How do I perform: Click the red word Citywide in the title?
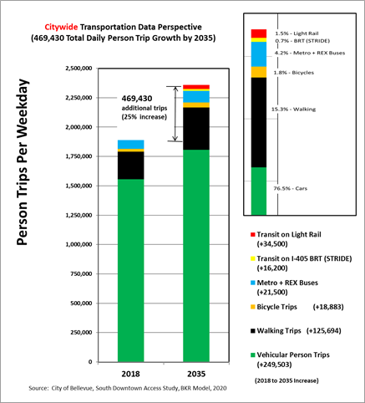(61, 27)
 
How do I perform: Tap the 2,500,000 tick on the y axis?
(79, 69)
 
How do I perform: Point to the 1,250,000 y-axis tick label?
(79, 215)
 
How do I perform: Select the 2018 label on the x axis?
(130, 374)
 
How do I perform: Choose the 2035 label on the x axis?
(196, 374)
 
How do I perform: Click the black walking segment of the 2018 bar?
(131, 166)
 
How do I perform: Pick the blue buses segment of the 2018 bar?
(131, 145)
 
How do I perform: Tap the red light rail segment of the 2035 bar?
(196, 87)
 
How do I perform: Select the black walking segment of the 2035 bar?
(196, 129)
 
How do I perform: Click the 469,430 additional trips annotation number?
(137, 99)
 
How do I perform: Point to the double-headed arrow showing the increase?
(175, 114)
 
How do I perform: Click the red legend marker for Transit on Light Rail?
(253, 234)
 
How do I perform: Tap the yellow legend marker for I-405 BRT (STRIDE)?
(253, 258)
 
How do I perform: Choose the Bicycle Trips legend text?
(277, 307)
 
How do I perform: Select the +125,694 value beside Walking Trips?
(324, 331)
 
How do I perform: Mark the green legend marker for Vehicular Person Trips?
(253, 355)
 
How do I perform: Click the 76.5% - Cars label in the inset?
(290, 189)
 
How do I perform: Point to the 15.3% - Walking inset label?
(294, 110)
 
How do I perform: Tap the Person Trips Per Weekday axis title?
(23, 162)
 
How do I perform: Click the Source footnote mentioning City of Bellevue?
(128, 388)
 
